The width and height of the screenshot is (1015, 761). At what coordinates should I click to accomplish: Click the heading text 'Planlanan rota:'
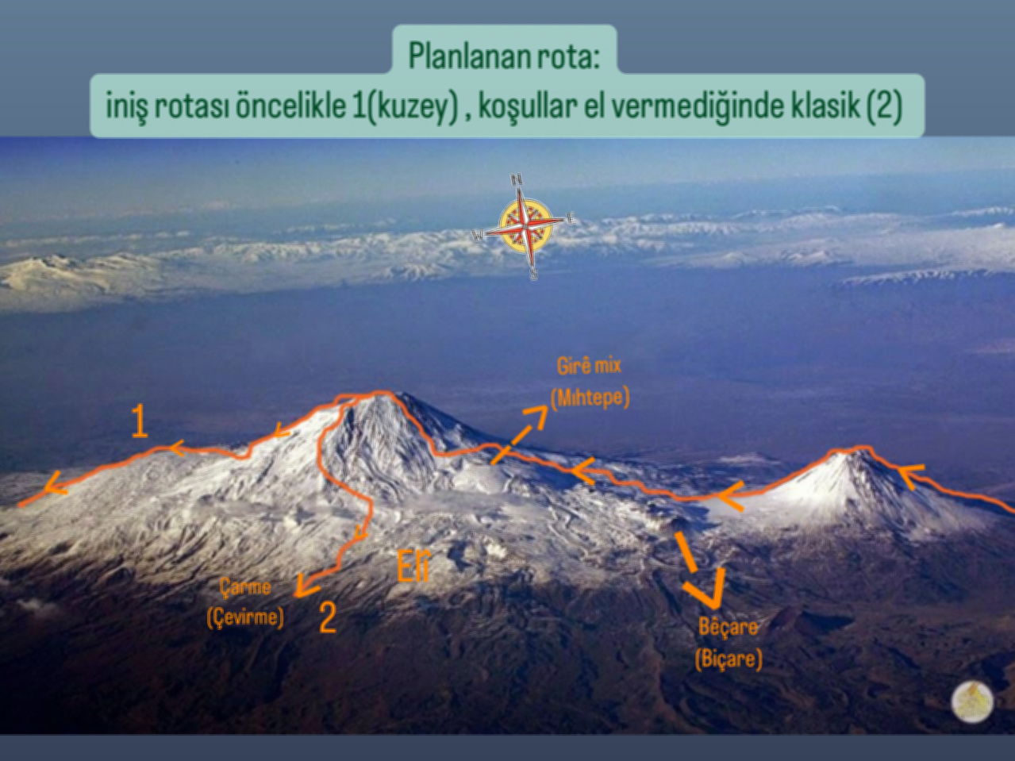click(504, 56)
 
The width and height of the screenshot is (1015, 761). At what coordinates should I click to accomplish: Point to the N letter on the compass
click(517, 179)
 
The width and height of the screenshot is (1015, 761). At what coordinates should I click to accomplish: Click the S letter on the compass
click(533, 274)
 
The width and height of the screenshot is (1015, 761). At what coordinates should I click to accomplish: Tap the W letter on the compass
click(478, 236)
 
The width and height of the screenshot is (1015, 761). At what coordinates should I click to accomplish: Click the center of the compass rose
click(526, 226)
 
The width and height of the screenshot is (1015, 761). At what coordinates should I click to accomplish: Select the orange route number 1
click(140, 421)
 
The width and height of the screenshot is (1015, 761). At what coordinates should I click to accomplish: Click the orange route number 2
click(328, 617)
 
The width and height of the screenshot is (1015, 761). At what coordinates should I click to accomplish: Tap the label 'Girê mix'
click(589, 366)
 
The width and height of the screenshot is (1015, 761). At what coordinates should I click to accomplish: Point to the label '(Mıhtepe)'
click(590, 397)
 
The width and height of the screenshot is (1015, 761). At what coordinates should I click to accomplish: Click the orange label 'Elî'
click(413, 566)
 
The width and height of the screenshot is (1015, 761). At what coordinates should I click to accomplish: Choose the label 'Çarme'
click(245, 587)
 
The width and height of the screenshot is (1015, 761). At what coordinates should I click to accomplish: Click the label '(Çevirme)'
click(245, 617)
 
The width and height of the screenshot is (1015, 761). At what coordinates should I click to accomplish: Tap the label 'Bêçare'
click(729, 627)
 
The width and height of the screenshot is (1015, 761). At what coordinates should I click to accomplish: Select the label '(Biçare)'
click(729, 659)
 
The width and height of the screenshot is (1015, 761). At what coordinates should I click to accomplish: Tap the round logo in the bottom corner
click(972, 701)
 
